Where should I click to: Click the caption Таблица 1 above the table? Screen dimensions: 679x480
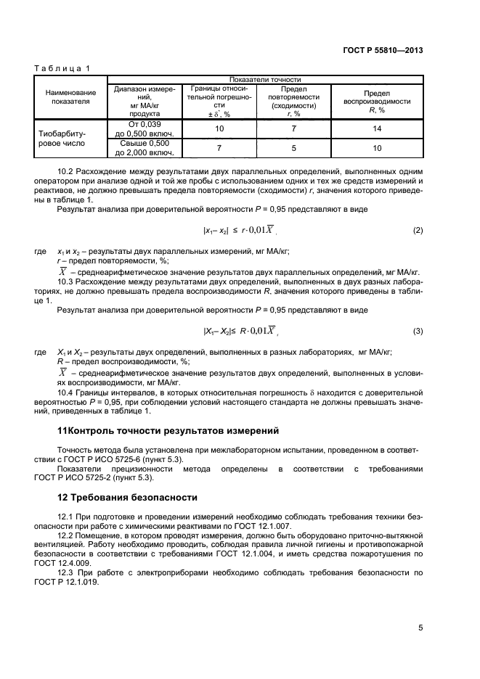point(62,68)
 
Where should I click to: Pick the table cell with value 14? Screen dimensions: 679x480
point(377,128)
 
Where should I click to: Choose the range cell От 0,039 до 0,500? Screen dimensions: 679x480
point(144,128)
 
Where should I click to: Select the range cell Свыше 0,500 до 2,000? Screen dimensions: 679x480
point(144,148)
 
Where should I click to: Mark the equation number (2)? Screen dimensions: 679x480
point(418,231)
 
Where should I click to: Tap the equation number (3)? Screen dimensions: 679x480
point(418,332)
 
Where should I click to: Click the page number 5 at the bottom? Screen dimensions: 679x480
point(420,628)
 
